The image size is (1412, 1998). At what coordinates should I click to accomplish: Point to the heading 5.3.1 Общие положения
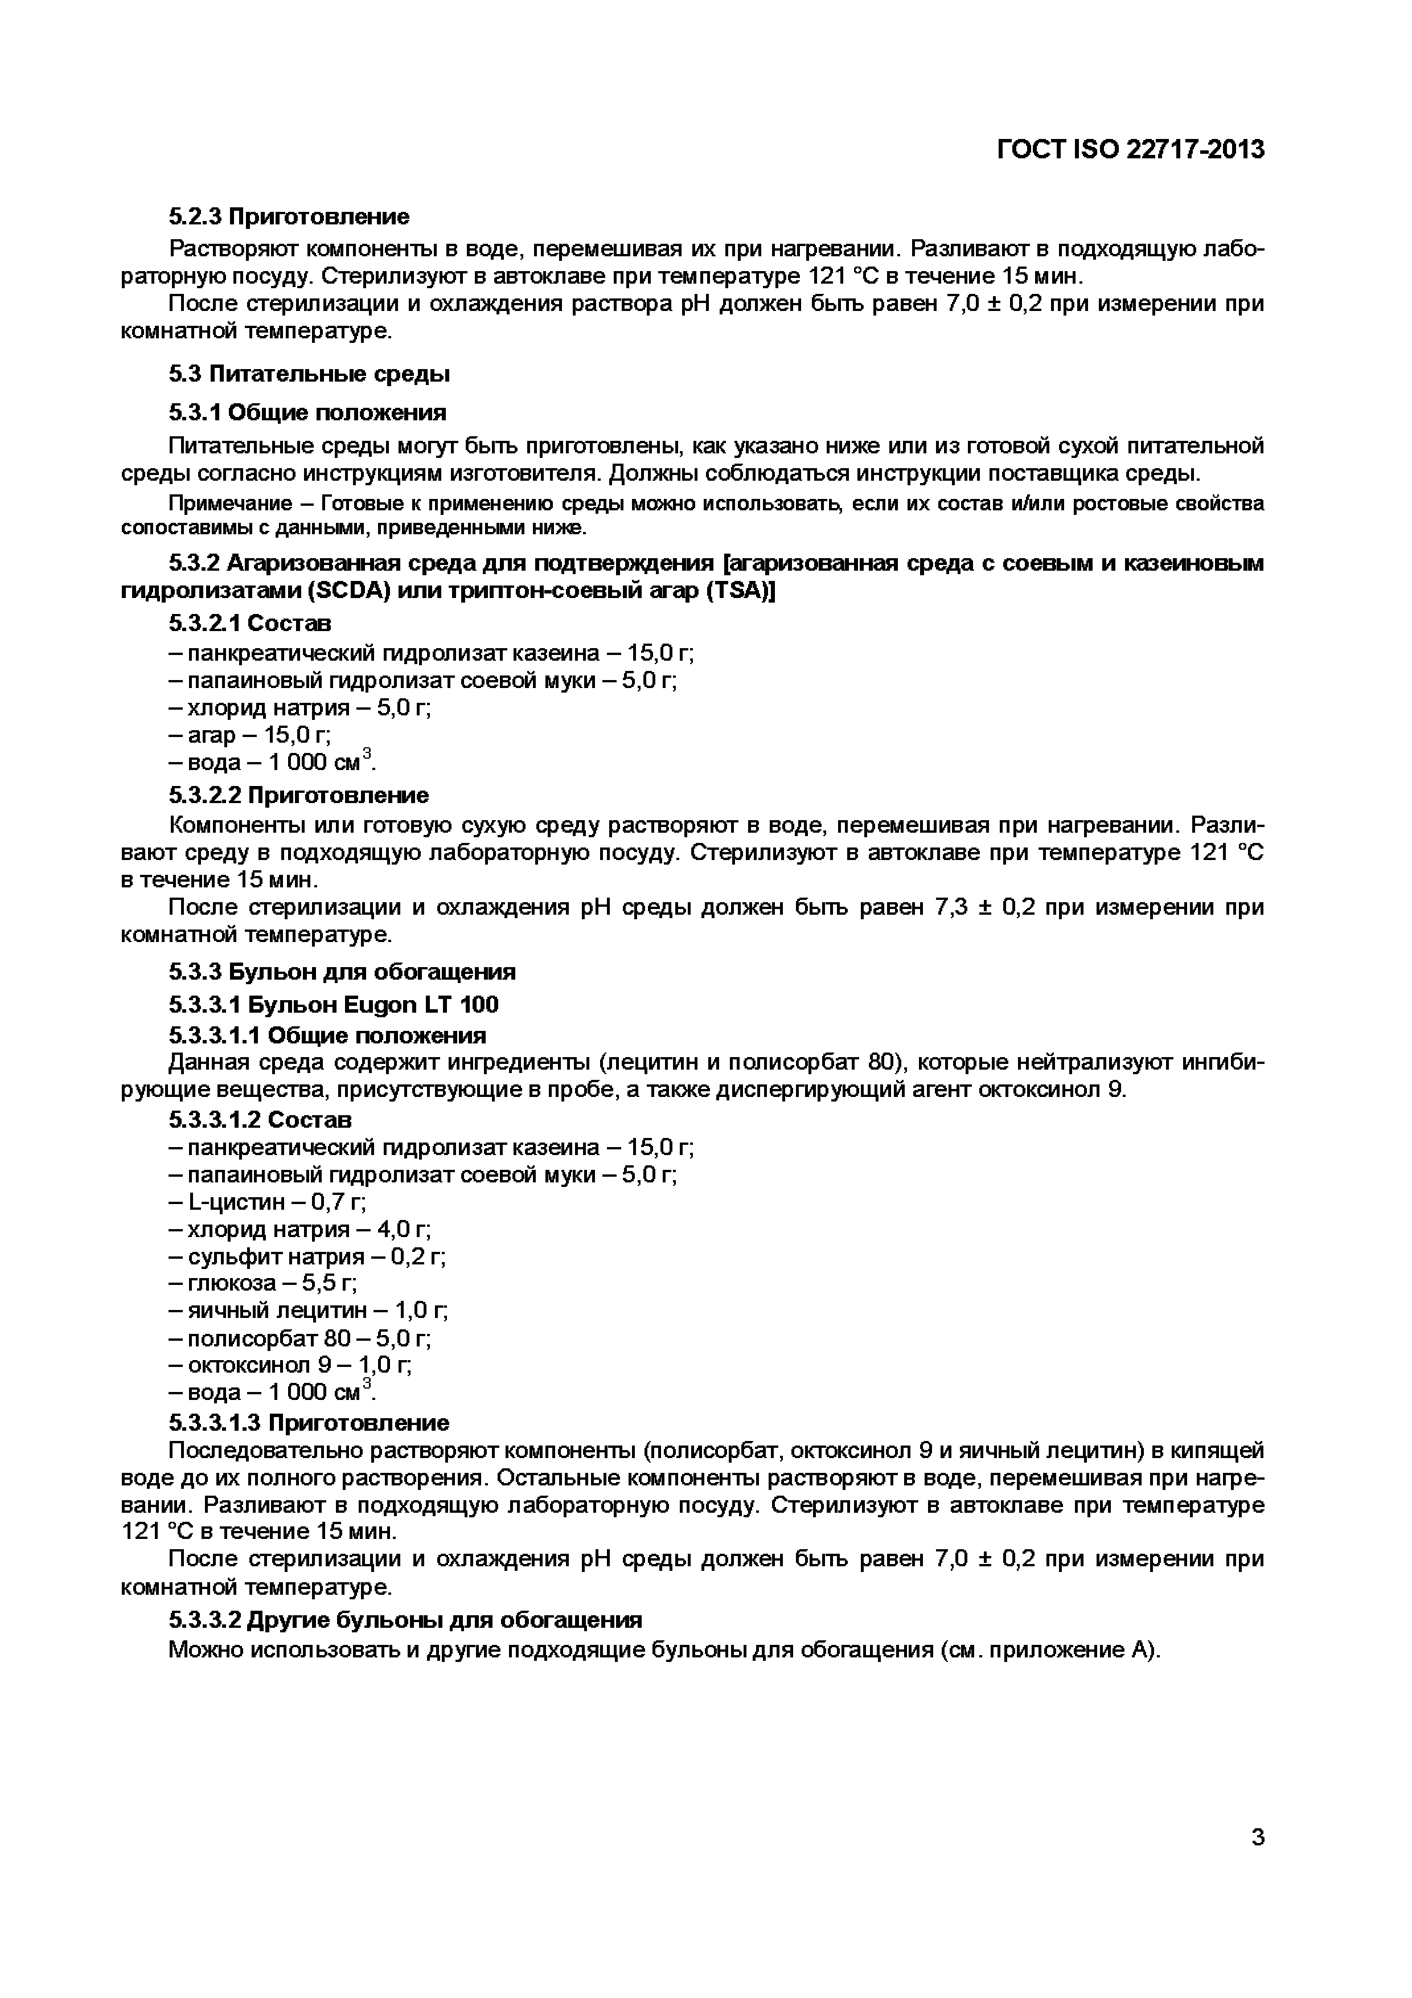307,412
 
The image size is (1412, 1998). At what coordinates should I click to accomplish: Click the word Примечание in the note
229,504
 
